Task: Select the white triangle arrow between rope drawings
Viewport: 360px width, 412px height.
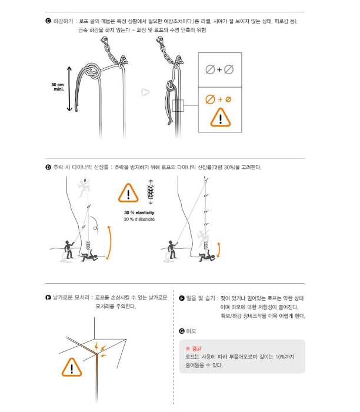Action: (x=145, y=92)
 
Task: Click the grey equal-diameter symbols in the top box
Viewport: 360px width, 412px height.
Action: (x=220, y=70)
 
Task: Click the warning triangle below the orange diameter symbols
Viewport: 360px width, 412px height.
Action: (x=221, y=118)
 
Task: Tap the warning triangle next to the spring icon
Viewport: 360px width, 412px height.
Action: (x=128, y=194)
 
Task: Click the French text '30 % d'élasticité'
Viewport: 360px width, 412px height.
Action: (x=139, y=220)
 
